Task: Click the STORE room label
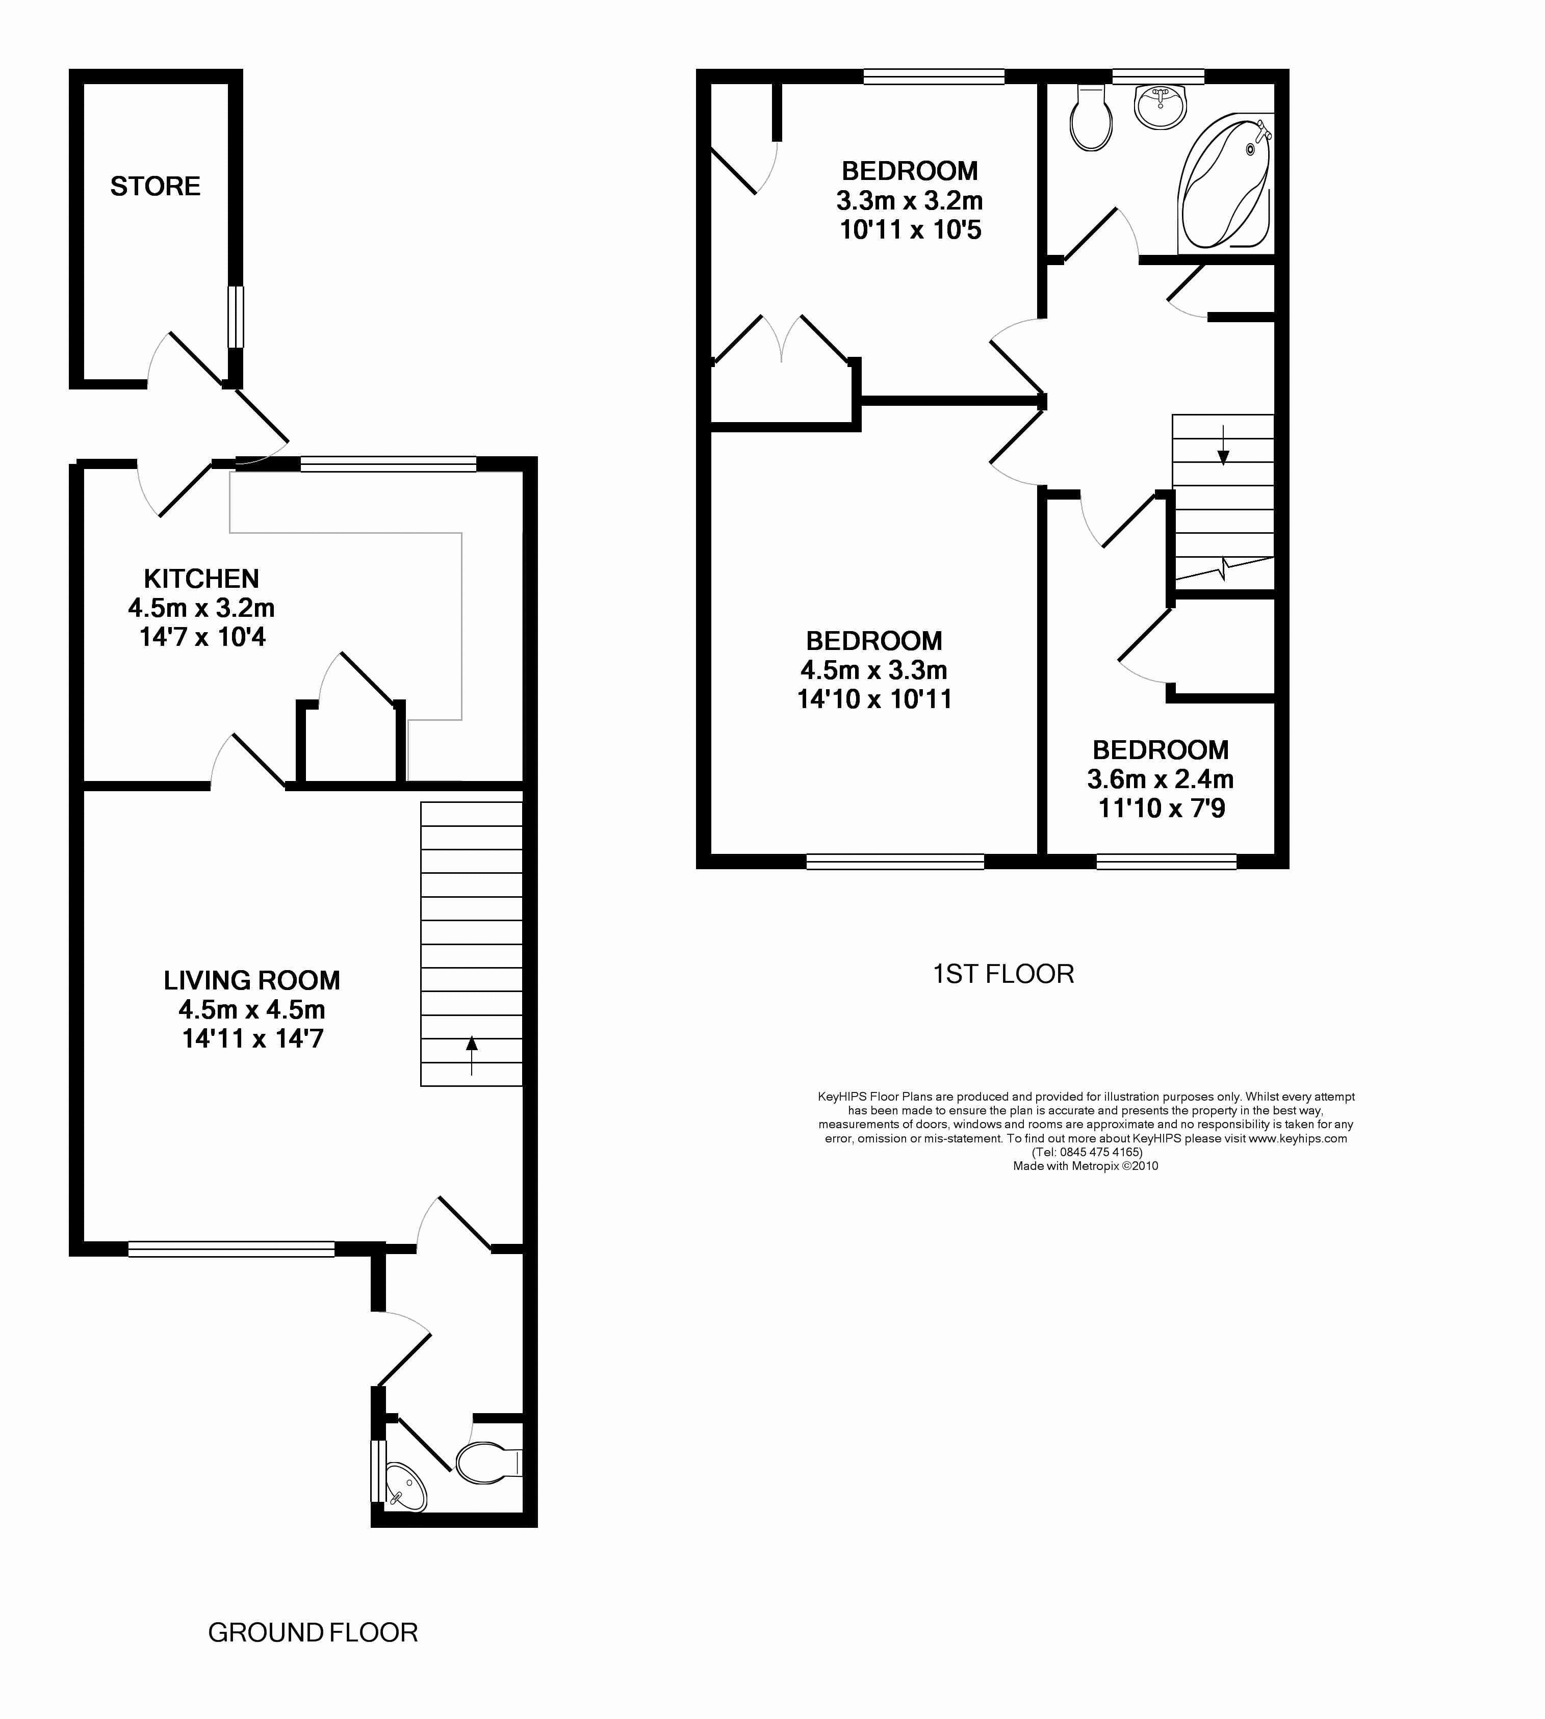pyautogui.click(x=156, y=186)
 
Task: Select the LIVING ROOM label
pyautogui.click(x=252, y=980)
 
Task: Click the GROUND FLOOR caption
pyautogui.click(x=313, y=1632)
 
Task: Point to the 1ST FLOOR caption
pyautogui.click(x=1003, y=974)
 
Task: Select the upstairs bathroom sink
pyautogui.click(x=1161, y=106)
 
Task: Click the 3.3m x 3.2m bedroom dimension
pyautogui.click(x=909, y=201)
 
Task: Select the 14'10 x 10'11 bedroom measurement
pyautogui.click(x=874, y=699)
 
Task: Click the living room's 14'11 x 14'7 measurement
pyautogui.click(x=253, y=1039)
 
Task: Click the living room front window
pyautogui.click(x=231, y=1248)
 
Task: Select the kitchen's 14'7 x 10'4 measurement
pyautogui.click(x=202, y=637)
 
